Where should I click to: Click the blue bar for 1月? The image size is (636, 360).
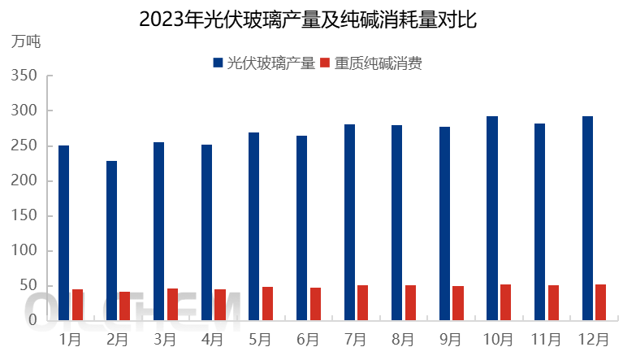[x=63, y=232]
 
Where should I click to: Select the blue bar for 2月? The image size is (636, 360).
[x=111, y=241]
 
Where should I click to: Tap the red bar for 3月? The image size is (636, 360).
[x=172, y=304]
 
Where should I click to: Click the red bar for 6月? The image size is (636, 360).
[x=315, y=304]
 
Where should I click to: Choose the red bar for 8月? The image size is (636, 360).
[x=410, y=302]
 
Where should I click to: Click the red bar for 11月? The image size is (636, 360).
[x=553, y=302]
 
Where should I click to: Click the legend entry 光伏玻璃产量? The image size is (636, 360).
[x=264, y=63]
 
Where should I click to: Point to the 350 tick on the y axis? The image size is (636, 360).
[x=27, y=76]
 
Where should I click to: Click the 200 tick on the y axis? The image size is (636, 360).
[x=27, y=180]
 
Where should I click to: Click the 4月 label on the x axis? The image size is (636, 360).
[x=213, y=338]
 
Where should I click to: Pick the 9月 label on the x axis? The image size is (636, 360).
[x=451, y=338]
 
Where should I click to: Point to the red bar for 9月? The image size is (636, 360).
[x=458, y=303]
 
